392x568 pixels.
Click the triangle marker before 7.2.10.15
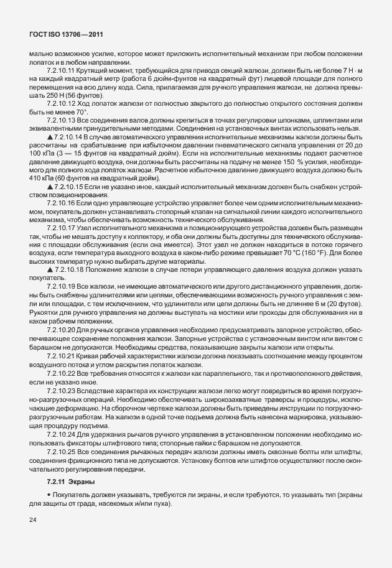(x=49, y=186)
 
